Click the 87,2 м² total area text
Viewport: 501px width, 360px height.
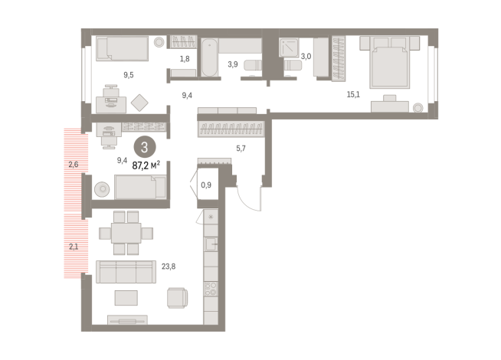pos(146,165)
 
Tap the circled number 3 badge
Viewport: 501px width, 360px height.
pos(145,147)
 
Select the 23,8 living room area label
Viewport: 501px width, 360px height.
pos(169,267)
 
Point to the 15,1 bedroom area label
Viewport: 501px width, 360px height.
pos(353,94)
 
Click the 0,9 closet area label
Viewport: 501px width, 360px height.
pos(206,185)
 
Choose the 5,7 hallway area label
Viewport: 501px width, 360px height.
pos(241,149)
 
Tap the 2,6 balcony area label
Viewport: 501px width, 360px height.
pos(74,165)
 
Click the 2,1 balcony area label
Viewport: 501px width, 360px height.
pos(74,247)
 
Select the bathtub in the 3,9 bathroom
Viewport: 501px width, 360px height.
pos(210,57)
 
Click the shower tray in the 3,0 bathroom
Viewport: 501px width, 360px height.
pos(289,47)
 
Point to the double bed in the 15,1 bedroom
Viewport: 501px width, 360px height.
pos(389,62)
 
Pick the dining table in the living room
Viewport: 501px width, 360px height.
pos(126,233)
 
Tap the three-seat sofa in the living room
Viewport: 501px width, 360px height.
pos(126,272)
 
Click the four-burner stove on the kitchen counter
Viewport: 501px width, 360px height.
pos(211,289)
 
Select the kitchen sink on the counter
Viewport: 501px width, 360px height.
pos(211,244)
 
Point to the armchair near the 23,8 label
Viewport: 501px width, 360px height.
pos(177,298)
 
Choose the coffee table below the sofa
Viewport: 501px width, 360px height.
pos(126,298)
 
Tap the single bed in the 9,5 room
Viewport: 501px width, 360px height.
pos(122,48)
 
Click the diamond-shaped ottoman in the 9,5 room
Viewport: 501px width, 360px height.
pos(139,103)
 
